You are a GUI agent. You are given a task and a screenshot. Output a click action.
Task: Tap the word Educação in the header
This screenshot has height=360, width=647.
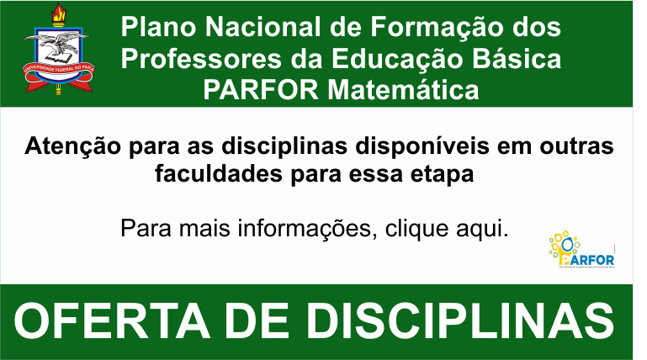(418, 60)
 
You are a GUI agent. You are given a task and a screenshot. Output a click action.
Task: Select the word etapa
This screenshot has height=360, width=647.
(443, 175)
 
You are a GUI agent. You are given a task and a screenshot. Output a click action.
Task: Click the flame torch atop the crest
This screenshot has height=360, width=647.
(58, 14)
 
